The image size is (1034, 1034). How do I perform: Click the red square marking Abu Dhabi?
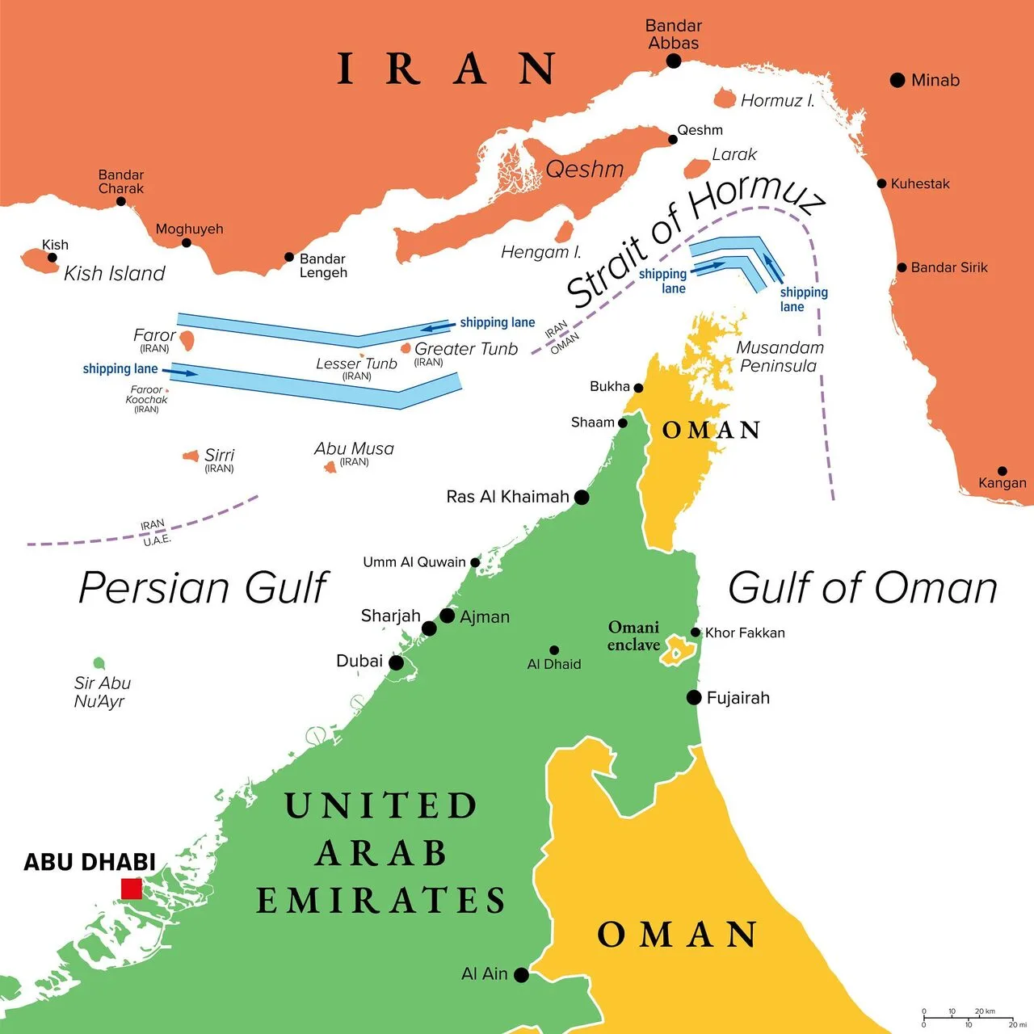pos(132,889)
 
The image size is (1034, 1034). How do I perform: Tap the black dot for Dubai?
pos(396,662)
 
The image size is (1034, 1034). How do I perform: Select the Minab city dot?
pos(897,80)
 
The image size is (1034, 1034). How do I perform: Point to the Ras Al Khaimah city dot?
pos(581,497)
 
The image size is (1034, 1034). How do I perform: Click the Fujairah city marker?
pos(694,697)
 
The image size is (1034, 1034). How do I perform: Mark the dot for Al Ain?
pos(521,975)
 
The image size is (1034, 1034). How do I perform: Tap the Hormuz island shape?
pos(725,99)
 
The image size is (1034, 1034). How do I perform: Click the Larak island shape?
pos(696,168)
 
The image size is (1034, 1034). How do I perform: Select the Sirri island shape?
pos(191,456)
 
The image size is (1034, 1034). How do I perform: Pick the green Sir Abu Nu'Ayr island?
pos(99,663)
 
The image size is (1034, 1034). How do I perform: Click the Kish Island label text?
pos(114,274)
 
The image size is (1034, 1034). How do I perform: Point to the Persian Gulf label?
pos(204,587)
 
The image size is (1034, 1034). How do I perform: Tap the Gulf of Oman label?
pos(862,587)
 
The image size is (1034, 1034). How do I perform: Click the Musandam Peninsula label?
pos(780,356)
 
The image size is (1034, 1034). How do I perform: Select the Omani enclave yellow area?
pos(678,651)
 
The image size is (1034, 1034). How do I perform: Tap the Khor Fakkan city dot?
pos(696,633)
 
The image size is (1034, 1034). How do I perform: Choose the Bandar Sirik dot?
pos(902,267)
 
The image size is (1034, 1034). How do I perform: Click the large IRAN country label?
pos(446,69)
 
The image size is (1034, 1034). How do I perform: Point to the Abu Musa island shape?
pos(330,467)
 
